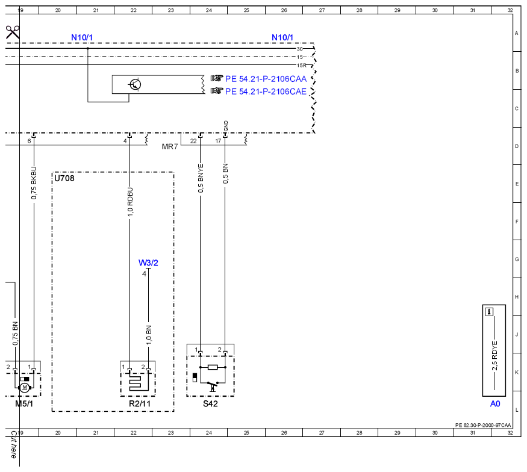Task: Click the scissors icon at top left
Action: pyautogui.click(x=13, y=33)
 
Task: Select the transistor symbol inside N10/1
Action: pyautogui.click(x=135, y=84)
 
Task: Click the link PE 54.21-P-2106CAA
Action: pyautogui.click(x=266, y=79)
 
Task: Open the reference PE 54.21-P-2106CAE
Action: pyautogui.click(x=266, y=92)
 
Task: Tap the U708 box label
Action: pyautogui.click(x=64, y=178)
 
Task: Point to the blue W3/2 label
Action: pyautogui.click(x=148, y=262)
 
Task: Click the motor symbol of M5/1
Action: pyautogui.click(x=24, y=387)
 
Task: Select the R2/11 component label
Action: pyautogui.click(x=140, y=403)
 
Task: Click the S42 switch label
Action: pyautogui.click(x=210, y=403)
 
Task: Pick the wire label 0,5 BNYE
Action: pyautogui.click(x=201, y=178)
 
